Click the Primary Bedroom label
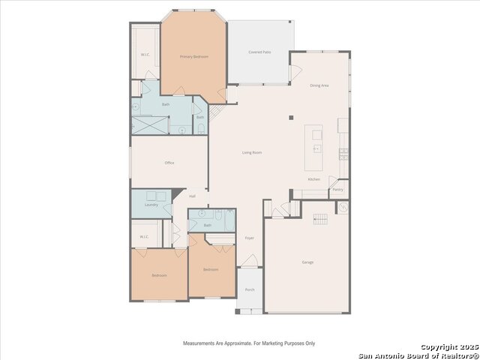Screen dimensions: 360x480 click(x=193, y=57)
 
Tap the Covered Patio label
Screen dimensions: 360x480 click(x=259, y=52)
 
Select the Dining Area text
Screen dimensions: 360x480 click(x=319, y=85)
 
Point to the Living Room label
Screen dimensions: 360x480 click(x=252, y=152)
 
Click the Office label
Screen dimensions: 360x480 click(x=169, y=163)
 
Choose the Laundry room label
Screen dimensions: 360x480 click(x=151, y=204)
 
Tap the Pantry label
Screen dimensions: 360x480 click(x=337, y=189)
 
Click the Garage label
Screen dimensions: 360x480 click(x=307, y=262)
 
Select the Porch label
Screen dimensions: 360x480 click(x=250, y=289)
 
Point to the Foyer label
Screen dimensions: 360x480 click(x=250, y=238)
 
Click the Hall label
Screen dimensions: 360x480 click(x=193, y=196)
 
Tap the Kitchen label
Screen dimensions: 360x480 click(x=313, y=179)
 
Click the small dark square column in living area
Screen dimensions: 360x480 click(x=291, y=117)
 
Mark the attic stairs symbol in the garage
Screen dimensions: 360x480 click(x=320, y=218)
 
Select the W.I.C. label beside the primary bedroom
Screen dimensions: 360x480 click(x=145, y=55)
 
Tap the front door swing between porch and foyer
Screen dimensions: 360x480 click(x=250, y=262)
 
